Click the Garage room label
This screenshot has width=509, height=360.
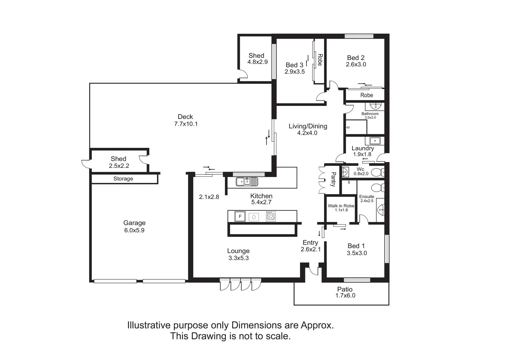coord(134,223)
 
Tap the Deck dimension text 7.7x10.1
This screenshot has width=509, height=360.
coord(186,124)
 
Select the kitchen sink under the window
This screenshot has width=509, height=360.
coord(247,182)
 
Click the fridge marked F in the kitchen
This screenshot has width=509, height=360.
coord(240,216)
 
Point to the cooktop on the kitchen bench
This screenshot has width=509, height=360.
coord(270,216)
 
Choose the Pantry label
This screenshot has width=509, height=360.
coord(333,179)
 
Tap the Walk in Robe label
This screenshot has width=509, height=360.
coord(341,206)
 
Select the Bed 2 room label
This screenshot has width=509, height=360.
coord(355,58)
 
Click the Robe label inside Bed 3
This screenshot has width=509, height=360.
coord(319,60)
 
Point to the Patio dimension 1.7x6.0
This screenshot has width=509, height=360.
coord(345,296)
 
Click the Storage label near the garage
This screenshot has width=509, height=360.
coord(123,179)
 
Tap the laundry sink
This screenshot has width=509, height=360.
coord(375,140)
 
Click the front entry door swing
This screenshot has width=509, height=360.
coord(313,271)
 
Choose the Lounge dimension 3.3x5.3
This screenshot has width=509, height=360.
coord(239,258)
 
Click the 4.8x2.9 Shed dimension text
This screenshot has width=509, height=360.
coord(257,62)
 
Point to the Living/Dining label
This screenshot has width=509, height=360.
coord(308,126)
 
